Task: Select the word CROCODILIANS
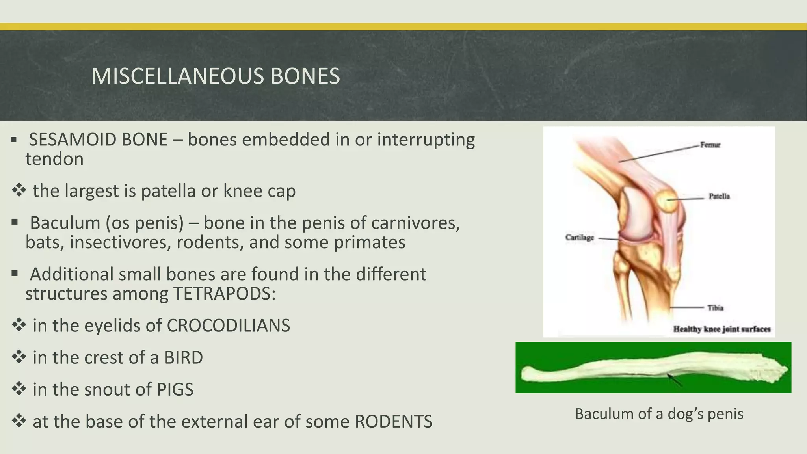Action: click(x=228, y=326)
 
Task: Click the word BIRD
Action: click(x=183, y=358)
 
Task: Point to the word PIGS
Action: click(x=175, y=390)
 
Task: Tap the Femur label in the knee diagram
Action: click(x=710, y=145)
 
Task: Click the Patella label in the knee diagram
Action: click(x=719, y=196)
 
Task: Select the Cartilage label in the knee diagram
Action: click(x=579, y=237)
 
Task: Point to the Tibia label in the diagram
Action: click(x=715, y=308)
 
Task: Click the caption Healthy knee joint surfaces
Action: click(x=721, y=329)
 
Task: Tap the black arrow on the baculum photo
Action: click(x=674, y=379)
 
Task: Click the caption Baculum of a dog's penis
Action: click(x=659, y=414)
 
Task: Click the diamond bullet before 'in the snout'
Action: click(x=19, y=389)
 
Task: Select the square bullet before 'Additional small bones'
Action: click(x=15, y=273)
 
